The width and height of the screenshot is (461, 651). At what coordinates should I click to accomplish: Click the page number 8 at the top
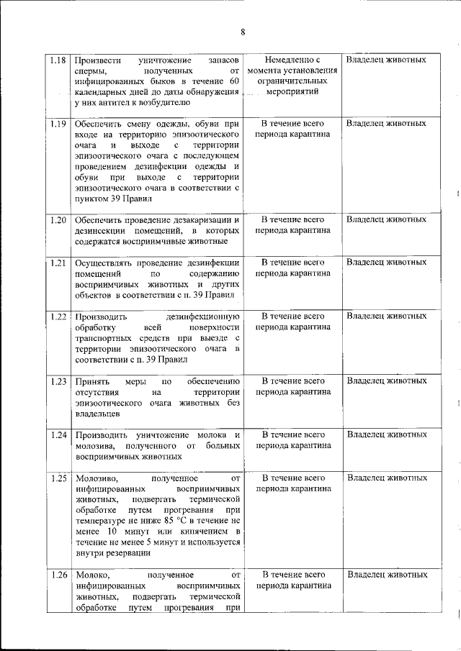coord(243,32)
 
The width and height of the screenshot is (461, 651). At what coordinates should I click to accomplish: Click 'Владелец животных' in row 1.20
coord(386,219)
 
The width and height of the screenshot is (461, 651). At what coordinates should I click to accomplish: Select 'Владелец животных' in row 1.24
coord(386,434)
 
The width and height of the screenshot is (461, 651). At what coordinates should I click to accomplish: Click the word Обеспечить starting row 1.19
coord(98,123)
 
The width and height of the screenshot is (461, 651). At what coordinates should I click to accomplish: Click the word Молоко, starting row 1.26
coord(91,575)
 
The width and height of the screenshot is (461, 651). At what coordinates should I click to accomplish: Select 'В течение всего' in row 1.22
coord(292,316)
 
